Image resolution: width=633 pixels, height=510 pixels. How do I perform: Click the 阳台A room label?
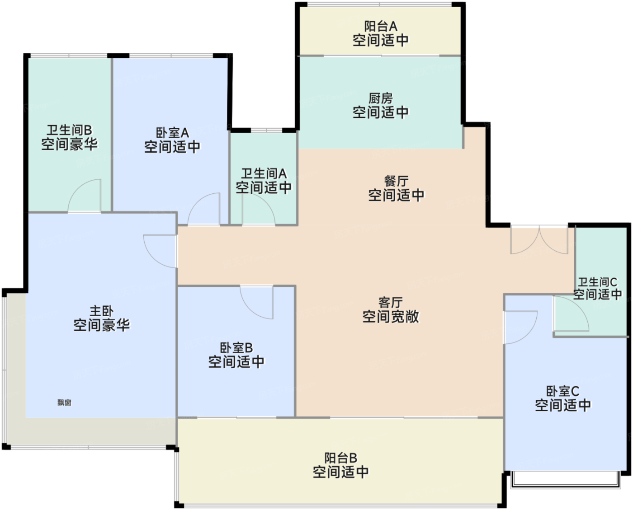pos(381,27)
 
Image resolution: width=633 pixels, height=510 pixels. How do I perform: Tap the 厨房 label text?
pos(381,98)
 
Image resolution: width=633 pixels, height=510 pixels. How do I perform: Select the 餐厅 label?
pos(396,181)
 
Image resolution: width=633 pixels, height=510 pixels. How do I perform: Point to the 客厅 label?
pos(390,303)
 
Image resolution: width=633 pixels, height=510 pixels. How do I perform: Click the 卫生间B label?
pos(70,130)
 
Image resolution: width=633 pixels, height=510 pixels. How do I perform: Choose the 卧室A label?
pos(172,133)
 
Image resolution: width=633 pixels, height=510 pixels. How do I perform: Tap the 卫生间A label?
pos(264,173)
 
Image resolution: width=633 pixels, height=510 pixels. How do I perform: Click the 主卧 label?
pos(101,311)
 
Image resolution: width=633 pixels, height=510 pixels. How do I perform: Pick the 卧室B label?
pos(236,348)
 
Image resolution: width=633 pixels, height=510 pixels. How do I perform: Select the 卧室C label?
pos(563,391)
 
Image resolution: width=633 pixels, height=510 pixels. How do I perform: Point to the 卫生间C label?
pos(597,282)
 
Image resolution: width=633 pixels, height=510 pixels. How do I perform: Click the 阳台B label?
pos(340,458)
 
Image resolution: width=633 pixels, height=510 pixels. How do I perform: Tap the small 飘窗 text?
pos(64,402)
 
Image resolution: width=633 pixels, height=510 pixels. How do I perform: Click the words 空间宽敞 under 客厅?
pos(390,317)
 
